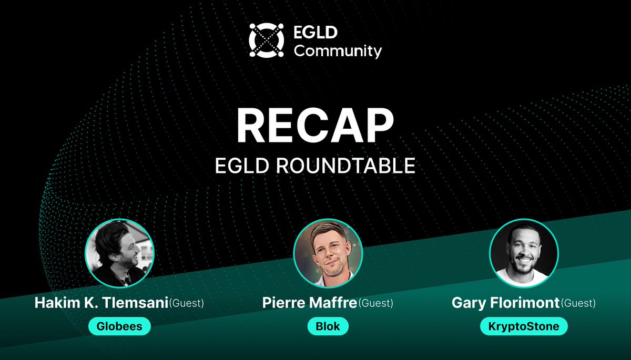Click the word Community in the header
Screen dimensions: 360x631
click(x=338, y=51)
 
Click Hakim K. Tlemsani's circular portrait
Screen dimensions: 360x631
click(x=120, y=253)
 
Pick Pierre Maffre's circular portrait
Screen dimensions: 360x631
click(x=328, y=253)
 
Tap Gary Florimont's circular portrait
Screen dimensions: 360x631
click(x=524, y=253)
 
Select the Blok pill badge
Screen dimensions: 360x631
click(x=328, y=326)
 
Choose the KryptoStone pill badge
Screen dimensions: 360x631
click(x=523, y=327)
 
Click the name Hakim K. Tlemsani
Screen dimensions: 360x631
click(x=101, y=303)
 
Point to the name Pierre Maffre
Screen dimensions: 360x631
click(x=310, y=303)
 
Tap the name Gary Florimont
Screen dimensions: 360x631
click(x=506, y=303)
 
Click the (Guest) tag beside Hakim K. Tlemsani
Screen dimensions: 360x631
click(x=186, y=303)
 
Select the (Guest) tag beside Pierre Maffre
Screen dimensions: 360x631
click(x=375, y=303)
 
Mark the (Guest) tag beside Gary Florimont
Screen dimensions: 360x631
click(x=578, y=303)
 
